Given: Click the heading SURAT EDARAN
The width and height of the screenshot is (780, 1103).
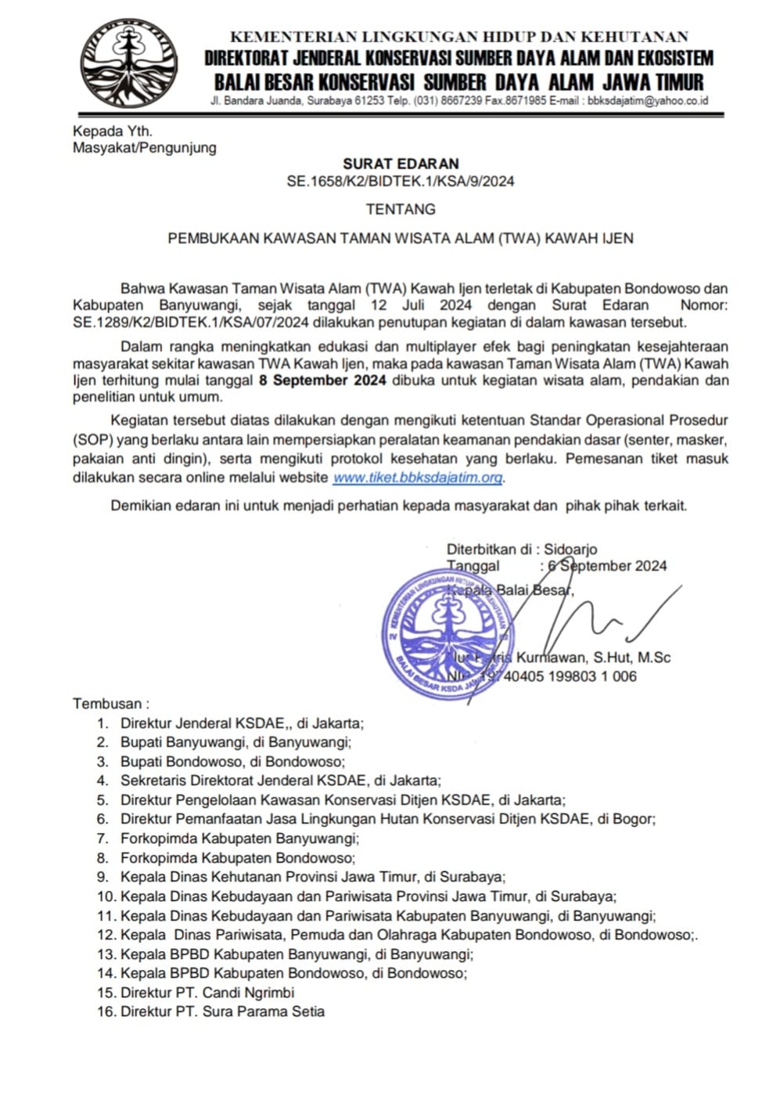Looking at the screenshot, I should (x=401, y=164).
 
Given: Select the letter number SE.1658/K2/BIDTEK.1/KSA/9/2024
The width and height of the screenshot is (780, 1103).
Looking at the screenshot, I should (x=401, y=182).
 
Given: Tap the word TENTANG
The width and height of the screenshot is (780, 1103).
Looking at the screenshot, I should (x=401, y=209).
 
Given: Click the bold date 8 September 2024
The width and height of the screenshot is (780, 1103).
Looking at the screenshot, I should (x=322, y=381).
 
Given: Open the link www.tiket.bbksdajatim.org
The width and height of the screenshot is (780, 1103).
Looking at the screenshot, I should (x=418, y=477).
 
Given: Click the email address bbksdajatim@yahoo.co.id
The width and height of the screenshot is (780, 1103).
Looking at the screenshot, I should (x=648, y=101).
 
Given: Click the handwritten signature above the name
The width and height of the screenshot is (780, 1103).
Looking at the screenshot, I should (x=595, y=618).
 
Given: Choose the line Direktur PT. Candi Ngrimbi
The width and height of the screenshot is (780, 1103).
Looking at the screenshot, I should (x=207, y=993).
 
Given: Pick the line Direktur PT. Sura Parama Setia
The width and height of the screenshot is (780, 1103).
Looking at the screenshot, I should (x=222, y=1011).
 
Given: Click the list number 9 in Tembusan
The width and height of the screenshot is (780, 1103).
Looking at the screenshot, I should (x=102, y=877).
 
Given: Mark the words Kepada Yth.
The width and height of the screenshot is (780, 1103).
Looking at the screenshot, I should (x=113, y=131).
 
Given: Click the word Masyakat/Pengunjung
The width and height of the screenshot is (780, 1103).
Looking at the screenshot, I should (x=145, y=147).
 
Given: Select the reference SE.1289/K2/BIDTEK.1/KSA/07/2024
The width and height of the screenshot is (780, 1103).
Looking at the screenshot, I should (x=192, y=322).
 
